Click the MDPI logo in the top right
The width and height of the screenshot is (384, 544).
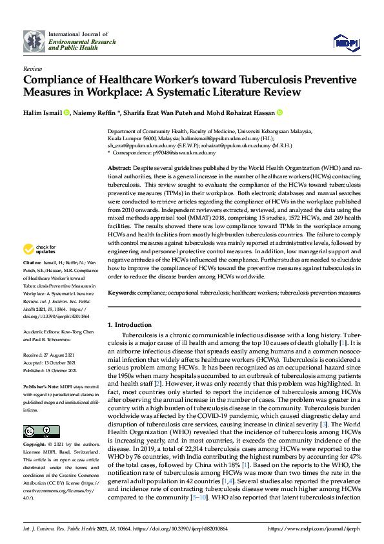coord(346,42)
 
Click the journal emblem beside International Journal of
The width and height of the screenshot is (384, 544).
coord(34,41)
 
